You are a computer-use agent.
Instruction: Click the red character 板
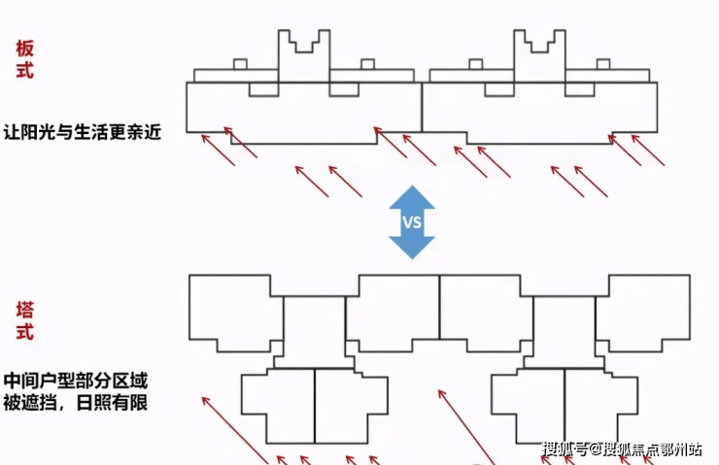tap(26, 47)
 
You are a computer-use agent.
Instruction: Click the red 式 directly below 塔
tap(26, 333)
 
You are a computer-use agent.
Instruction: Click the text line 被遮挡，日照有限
tap(77, 401)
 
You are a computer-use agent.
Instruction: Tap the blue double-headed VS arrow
tap(411, 221)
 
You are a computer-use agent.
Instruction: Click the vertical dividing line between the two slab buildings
tap(422, 107)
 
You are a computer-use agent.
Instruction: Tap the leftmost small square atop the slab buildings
tap(240, 65)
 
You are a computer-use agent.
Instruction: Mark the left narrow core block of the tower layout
tap(314, 330)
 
